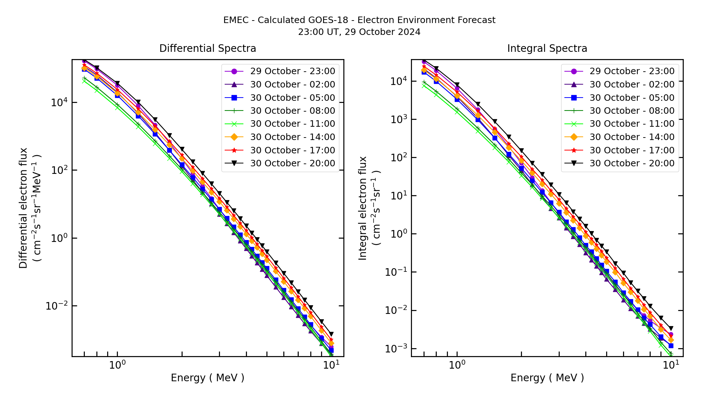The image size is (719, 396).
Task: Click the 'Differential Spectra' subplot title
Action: (x=208, y=49)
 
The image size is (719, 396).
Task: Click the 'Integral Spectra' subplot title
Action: (x=547, y=49)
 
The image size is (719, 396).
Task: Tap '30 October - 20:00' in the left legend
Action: (x=293, y=163)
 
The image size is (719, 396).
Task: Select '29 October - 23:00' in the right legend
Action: (x=632, y=71)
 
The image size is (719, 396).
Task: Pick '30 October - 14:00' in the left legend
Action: (x=293, y=137)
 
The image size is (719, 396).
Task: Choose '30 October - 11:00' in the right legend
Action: (x=632, y=124)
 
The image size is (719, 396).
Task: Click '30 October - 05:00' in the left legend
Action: (x=293, y=98)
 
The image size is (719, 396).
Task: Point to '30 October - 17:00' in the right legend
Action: (x=632, y=150)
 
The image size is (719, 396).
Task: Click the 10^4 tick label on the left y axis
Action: (x=59, y=102)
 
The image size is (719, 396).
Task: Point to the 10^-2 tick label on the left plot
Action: (x=56, y=306)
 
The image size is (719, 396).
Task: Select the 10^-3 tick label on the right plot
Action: (x=396, y=349)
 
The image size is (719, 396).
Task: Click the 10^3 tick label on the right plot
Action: (x=398, y=120)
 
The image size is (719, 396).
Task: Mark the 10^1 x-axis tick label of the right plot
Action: (x=670, y=365)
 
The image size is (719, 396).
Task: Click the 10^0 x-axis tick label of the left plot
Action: (x=117, y=365)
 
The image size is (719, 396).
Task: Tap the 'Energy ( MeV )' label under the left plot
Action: (x=207, y=378)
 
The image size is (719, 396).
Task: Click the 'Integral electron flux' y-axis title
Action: (x=363, y=208)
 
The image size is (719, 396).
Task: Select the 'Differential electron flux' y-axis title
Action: (x=23, y=208)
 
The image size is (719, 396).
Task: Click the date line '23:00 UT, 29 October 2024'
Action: (x=359, y=32)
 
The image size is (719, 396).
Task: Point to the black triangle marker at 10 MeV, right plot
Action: (x=671, y=328)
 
